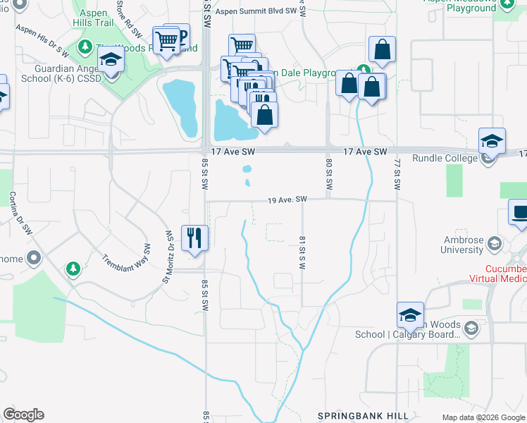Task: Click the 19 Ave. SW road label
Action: click(x=287, y=200)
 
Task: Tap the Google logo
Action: click(x=23, y=415)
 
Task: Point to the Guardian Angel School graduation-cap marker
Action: click(x=111, y=62)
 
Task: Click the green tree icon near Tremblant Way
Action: click(x=73, y=269)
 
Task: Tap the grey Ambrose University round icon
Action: click(x=495, y=244)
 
